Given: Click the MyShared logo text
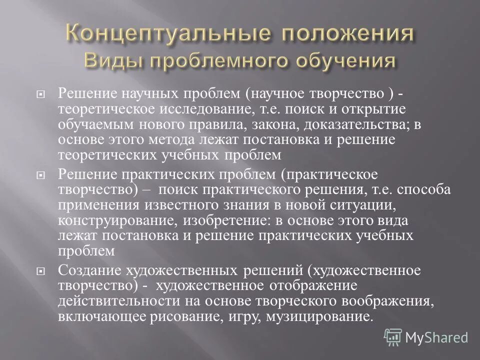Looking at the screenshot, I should [436, 337].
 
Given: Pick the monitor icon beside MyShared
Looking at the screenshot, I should [393, 336].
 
